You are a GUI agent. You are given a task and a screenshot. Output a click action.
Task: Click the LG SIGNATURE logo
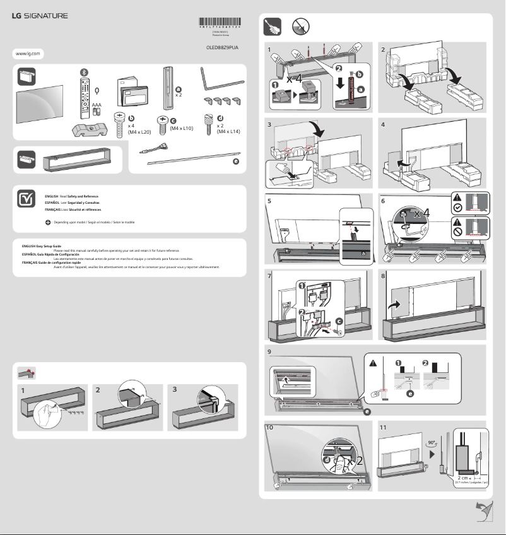pos(40,15)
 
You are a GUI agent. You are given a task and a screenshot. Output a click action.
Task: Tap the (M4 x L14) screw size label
pos(228,132)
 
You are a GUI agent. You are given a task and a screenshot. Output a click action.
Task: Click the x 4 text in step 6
pos(422,213)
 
